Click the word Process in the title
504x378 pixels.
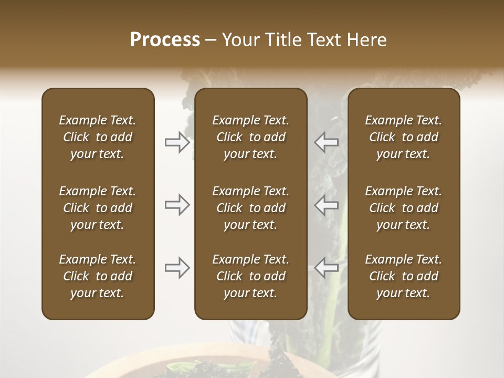tap(165, 40)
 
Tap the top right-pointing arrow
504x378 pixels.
tap(177, 142)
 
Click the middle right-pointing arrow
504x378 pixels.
tap(177, 205)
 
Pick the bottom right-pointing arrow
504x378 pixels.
tap(177, 268)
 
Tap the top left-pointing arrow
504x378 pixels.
tap(327, 142)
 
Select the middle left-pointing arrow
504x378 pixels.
tap(327, 205)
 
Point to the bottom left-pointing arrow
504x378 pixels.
tap(327, 268)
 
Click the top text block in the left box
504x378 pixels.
tap(98, 137)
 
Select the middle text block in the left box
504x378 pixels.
tap(98, 208)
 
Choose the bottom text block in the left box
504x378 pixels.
tap(98, 276)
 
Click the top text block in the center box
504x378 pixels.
tap(250, 137)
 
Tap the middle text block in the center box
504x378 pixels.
tap(250, 208)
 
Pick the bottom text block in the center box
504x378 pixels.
tap(250, 276)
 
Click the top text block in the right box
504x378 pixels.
tap(403, 137)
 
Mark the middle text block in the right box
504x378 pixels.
tap(403, 208)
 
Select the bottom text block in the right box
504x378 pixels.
tap(403, 276)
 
